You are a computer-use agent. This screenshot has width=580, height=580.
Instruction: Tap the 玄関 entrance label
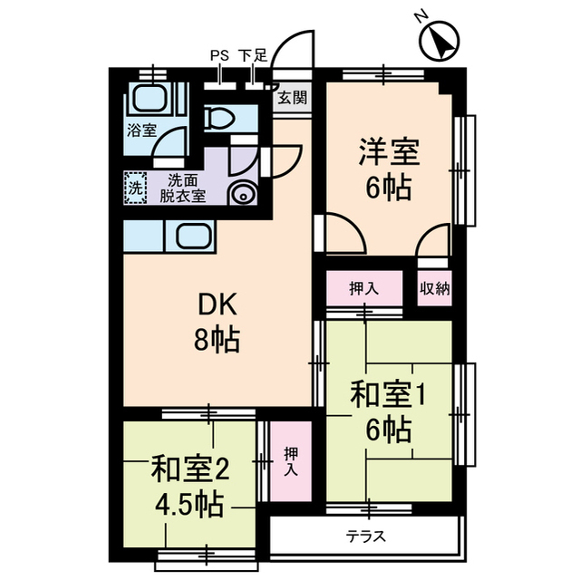point(292,97)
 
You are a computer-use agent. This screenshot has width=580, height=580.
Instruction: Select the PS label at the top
point(219,55)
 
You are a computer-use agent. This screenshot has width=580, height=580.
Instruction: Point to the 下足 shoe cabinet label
point(253,55)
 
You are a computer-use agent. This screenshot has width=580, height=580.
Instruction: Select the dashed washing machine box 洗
point(135,189)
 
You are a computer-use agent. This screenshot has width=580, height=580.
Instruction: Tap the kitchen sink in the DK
point(193,237)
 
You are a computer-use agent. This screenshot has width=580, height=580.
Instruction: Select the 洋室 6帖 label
point(388,169)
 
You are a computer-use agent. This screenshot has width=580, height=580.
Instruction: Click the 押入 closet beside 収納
point(364,289)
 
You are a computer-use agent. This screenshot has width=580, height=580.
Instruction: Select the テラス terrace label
point(366,536)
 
